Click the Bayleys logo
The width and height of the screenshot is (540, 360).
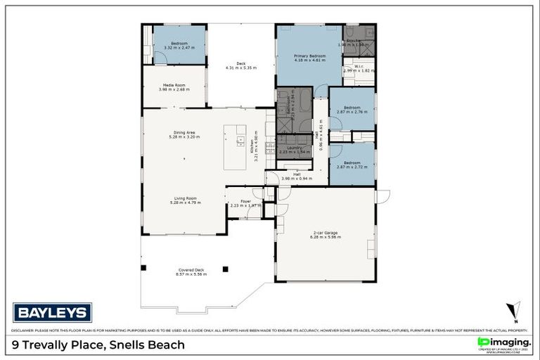point(52,313)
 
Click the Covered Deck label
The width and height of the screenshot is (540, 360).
point(191,270)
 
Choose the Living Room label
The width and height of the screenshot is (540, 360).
point(186,198)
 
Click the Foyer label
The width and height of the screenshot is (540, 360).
point(245,201)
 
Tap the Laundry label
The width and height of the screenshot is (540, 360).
point(293,148)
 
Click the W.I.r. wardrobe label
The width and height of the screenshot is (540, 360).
point(353,67)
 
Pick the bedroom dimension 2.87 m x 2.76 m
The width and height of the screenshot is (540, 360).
point(352,112)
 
